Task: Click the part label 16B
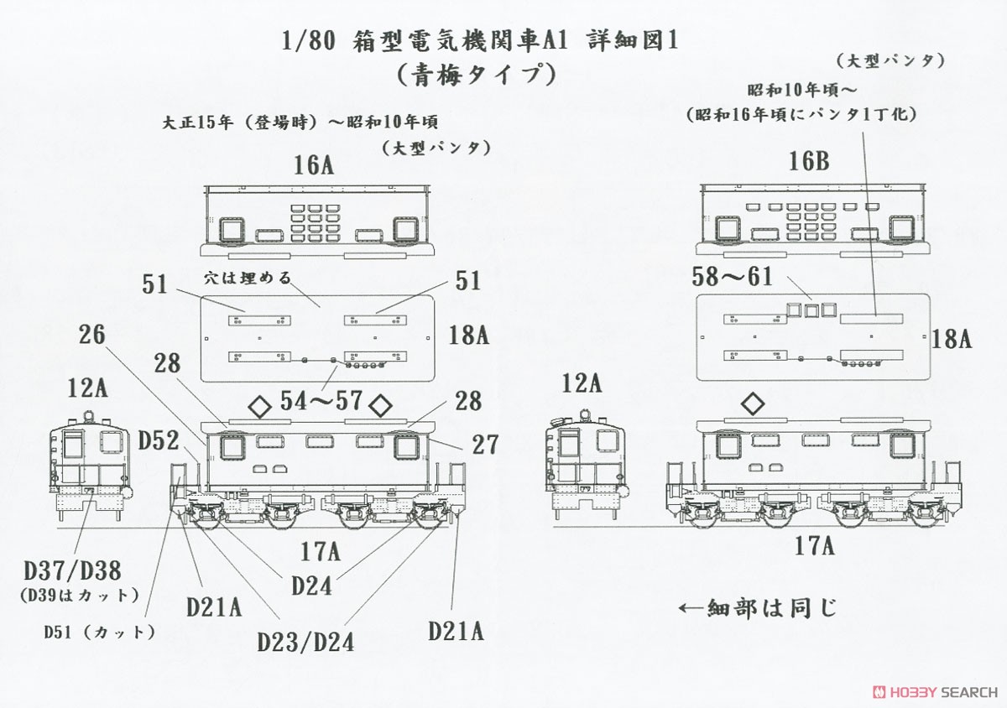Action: (x=808, y=161)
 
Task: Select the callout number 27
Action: (x=484, y=444)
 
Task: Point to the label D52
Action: (x=159, y=439)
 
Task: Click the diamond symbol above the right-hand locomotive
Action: (x=754, y=405)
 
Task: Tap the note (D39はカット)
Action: (x=76, y=596)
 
